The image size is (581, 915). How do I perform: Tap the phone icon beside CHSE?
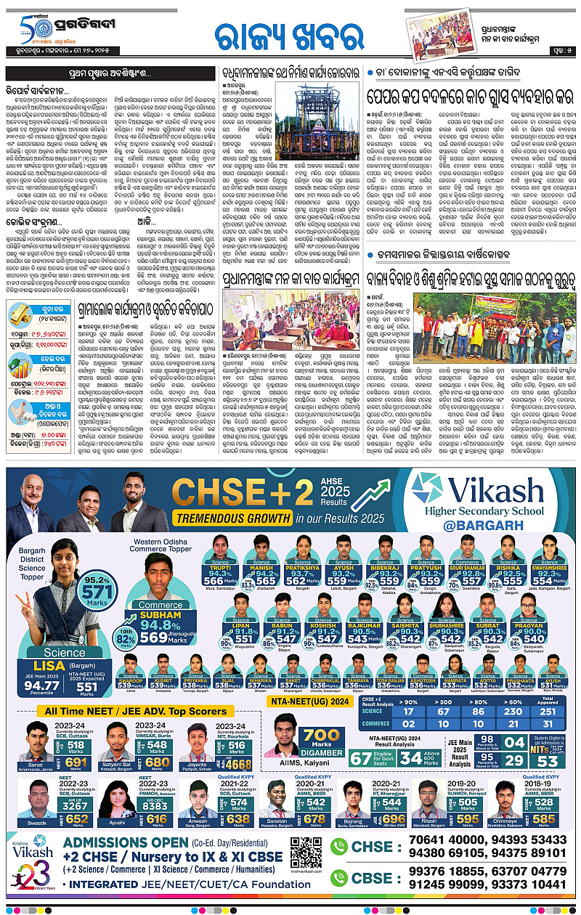[x=338, y=846]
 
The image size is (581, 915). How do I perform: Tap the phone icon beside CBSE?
[x=338, y=877]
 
